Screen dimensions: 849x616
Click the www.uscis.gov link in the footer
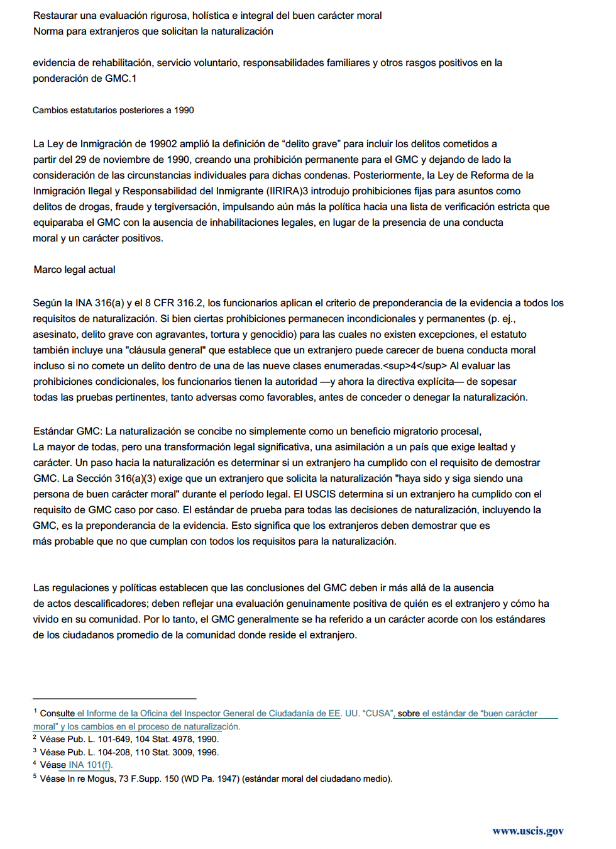point(527,831)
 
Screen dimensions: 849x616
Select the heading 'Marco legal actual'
point(74,270)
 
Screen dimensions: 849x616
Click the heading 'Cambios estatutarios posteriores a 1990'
point(113,110)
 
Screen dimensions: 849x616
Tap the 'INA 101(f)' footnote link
point(90,765)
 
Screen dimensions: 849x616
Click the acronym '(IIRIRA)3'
point(287,191)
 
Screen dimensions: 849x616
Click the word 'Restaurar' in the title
point(55,16)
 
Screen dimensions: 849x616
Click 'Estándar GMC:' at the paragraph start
point(67,431)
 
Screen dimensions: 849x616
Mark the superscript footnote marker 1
point(35,711)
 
